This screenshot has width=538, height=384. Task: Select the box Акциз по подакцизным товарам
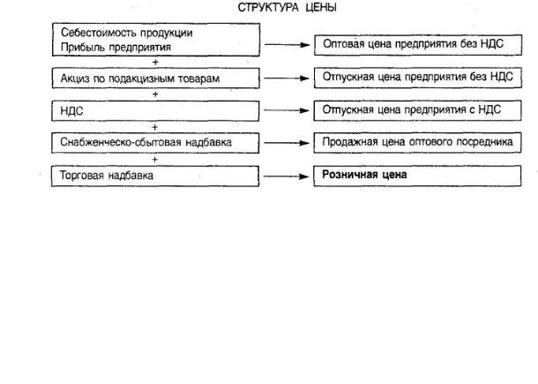pyautogui.click(x=155, y=79)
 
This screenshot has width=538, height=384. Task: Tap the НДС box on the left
pyautogui.click(x=155, y=112)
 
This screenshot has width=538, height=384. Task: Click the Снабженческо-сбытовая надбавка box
pyautogui.click(x=155, y=143)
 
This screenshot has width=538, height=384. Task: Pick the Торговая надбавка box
pyautogui.click(x=155, y=176)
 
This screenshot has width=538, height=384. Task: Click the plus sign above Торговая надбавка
pyautogui.click(x=155, y=160)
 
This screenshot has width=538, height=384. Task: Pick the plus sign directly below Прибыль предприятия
pyautogui.click(x=155, y=62)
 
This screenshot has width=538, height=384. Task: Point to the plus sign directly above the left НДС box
pyautogui.click(x=155, y=94)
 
